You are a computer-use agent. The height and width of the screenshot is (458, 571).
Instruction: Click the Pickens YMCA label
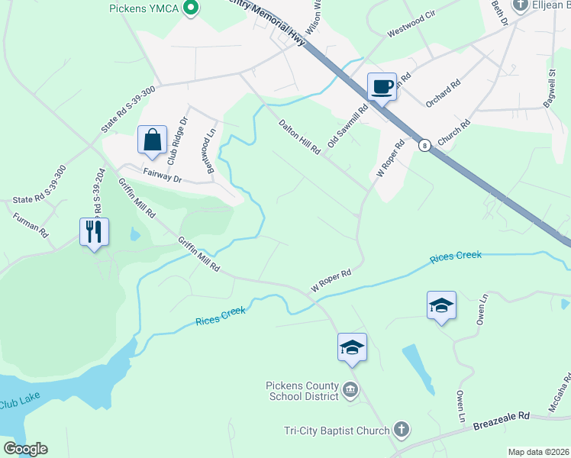pyautogui.click(x=143, y=9)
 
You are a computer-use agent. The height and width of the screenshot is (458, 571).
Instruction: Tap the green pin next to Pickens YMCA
pyautogui.click(x=192, y=8)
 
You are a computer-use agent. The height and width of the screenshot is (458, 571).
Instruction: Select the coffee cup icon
pyautogui.click(x=382, y=86)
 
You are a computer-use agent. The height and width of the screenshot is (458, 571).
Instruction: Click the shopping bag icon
pyautogui.click(x=153, y=140)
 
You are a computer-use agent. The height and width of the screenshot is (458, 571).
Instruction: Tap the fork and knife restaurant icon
pyautogui.click(x=94, y=231)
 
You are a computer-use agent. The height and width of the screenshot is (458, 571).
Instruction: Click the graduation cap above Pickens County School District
pyautogui.click(x=352, y=347)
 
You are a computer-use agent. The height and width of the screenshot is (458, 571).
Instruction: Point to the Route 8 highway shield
pyautogui.click(x=425, y=145)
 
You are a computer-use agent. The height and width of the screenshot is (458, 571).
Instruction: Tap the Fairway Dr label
pyautogui.click(x=162, y=179)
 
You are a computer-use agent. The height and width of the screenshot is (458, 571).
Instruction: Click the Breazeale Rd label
pyautogui.click(x=501, y=417)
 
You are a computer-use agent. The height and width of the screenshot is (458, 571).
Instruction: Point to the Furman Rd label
pyautogui.click(x=31, y=224)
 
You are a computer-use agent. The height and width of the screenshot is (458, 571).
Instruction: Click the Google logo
pyautogui.click(x=25, y=449)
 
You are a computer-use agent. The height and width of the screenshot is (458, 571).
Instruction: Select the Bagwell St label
pyautogui.click(x=551, y=89)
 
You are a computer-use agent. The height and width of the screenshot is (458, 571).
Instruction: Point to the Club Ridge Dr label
pyautogui.click(x=177, y=140)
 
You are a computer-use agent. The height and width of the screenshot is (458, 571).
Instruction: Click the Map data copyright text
pyautogui.click(x=538, y=452)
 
